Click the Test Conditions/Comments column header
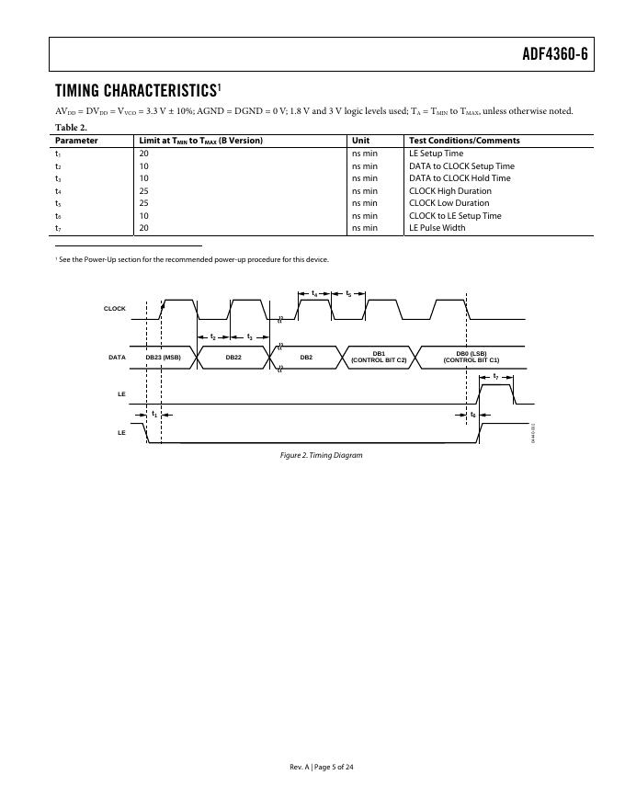pos(464,141)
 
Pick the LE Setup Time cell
pos(436,154)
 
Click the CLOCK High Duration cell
pos(449,191)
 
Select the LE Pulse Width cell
pos(437,228)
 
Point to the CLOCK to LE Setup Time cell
pos(455,216)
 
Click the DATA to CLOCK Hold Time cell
pos(460,178)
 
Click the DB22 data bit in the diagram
pos(233,357)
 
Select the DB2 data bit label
pos(306,357)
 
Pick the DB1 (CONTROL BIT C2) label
pos(379,357)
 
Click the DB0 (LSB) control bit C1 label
pos(471,357)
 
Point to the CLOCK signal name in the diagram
pos(115,309)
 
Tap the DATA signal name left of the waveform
pos(117,357)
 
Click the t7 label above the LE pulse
pos(496,377)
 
